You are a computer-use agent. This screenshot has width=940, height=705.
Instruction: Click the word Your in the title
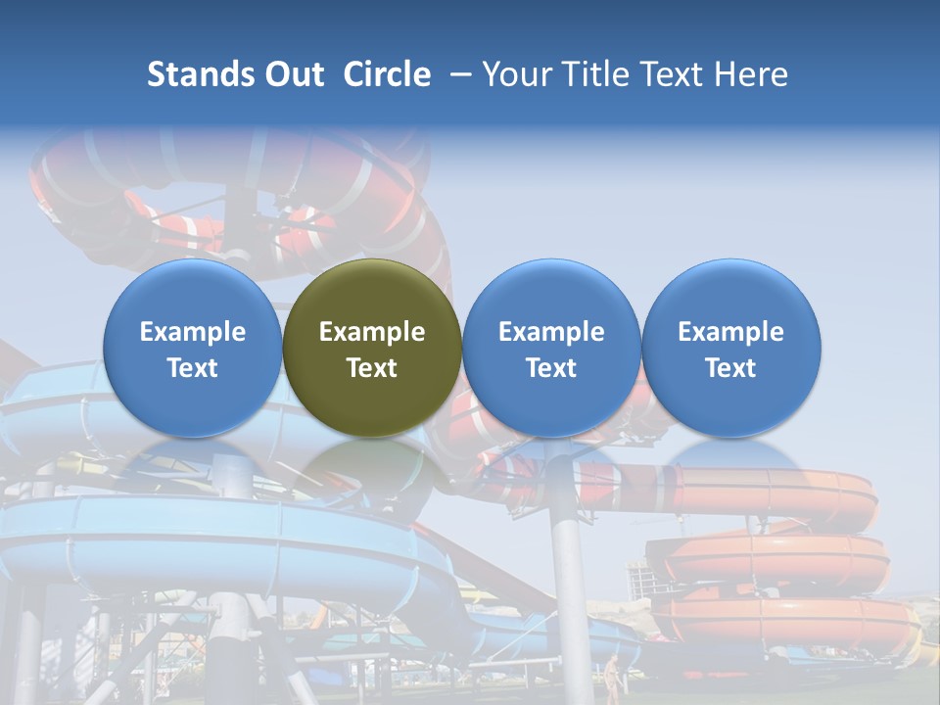[x=516, y=74]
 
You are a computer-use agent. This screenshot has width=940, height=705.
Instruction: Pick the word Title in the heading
[x=593, y=74]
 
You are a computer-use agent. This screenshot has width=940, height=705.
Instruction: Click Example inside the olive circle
[x=372, y=332]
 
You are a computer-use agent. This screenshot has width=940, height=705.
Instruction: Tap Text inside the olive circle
[x=372, y=368]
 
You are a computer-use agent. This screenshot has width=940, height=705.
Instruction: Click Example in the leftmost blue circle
[x=193, y=332]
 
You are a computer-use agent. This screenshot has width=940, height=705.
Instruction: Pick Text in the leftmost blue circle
[x=193, y=368]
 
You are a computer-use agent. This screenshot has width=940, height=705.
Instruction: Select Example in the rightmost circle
[x=731, y=332]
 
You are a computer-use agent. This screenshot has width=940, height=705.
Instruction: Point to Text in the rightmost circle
[x=731, y=368]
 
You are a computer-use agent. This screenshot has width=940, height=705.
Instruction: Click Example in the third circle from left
[x=551, y=332]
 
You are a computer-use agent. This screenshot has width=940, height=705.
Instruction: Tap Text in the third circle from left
[x=551, y=368]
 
